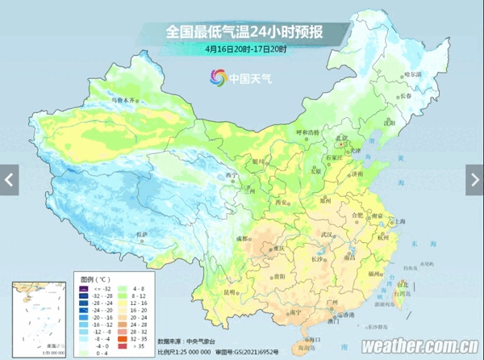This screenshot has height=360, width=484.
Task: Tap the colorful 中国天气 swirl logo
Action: point(218,77)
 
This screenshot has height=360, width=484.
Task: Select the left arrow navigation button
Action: point(9,179)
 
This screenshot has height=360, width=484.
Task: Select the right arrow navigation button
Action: point(475,179)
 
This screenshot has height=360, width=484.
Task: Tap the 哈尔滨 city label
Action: point(412,73)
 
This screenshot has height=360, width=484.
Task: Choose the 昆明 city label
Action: point(231,291)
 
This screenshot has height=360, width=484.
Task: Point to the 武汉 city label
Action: point(327,235)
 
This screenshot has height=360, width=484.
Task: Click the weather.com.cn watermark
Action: point(419,345)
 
